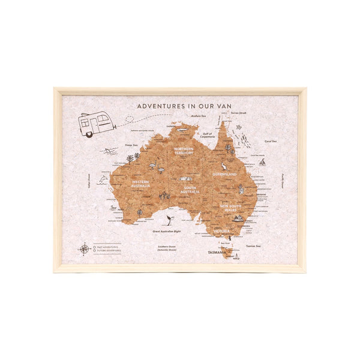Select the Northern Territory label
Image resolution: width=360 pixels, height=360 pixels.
(184, 151)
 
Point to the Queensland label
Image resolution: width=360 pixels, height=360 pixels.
(224, 174)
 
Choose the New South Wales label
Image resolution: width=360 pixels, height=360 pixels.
(230, 208)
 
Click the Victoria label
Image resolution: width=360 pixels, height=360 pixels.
(222, 230)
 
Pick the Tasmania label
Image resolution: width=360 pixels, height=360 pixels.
(217, 253)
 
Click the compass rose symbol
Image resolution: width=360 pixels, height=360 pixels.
(85, 249)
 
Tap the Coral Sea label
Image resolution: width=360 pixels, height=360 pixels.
(271, 142)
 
